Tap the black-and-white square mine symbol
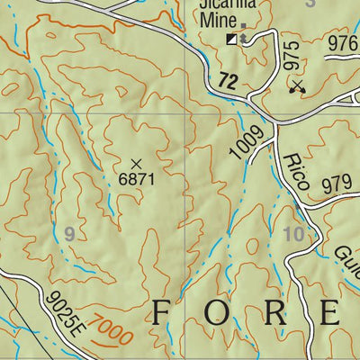point(232,39)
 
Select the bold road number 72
point(229,82)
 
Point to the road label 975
point(290,55)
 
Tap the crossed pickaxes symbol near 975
point(297,86)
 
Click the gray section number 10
point(294,234)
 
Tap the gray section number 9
point(68,233)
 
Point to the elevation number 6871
point(137,179)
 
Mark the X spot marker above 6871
point(136,163)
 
